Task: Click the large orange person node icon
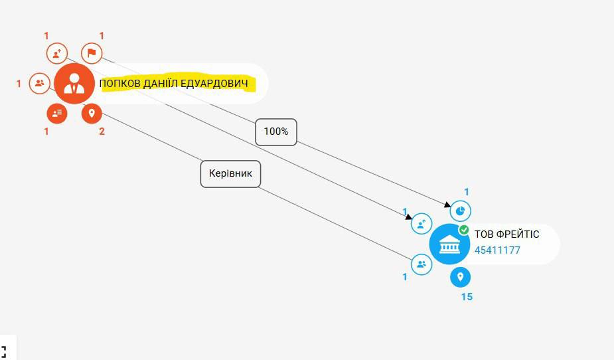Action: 74,84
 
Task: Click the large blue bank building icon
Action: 449,244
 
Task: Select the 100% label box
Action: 276,132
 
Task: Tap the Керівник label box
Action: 230,174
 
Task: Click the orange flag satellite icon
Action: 92,53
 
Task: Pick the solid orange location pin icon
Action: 92,114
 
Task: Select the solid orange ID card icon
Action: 57,114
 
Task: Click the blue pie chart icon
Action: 461,211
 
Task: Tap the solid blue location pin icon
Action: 461,277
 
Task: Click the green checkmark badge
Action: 464,230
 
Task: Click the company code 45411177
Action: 497,250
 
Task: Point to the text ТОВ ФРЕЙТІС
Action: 506,234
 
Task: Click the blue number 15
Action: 467,297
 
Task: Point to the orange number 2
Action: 102,132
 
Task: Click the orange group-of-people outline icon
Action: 40,84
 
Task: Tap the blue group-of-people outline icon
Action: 422,264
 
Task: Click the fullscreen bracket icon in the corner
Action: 3,351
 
